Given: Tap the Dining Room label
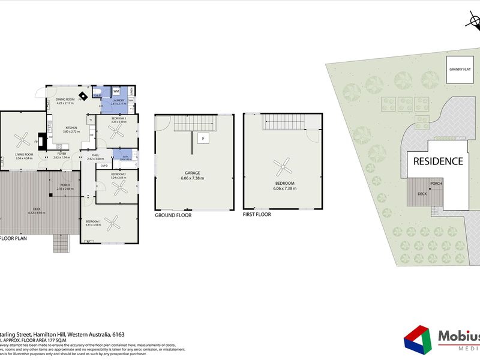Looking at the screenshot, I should click(x=65, y=100).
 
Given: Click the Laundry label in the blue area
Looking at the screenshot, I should click(x=118, y=100).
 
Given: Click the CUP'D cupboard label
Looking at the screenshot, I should click(x=104, y=165).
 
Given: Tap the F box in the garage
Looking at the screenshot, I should click(x=203, y=139).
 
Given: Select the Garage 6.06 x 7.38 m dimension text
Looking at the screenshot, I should click(x=193, y=178).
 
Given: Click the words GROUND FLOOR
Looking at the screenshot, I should click(x=173, y=214).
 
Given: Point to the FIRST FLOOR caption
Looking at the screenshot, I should click(x=257, y=214).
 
